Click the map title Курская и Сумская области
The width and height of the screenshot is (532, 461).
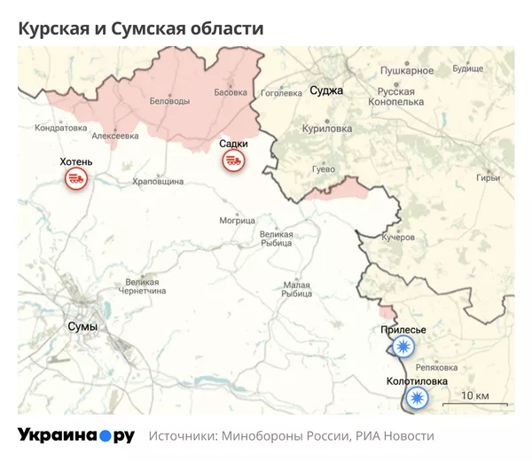point(141,28)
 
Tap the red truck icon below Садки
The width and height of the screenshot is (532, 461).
point(234,160)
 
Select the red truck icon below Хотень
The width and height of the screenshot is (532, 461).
point(76,179)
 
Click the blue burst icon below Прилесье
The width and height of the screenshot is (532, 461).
point(404,347)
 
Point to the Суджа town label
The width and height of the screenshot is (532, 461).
point(326,90)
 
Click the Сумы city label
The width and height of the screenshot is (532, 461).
point(82,327)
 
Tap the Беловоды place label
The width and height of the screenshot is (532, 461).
point(168,101)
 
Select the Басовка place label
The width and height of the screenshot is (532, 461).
point(231,91)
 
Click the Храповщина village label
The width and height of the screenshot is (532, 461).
point(158,181)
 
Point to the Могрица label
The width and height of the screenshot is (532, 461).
point(237,220)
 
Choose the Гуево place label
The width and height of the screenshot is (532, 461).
point(325,168)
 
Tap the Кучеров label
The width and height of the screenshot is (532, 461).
point(398,238)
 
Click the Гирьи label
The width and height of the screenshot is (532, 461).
point(489,177)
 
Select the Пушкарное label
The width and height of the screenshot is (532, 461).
point(407,70)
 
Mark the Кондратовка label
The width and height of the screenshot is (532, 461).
point(60,128)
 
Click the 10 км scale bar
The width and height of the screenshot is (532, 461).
point(474,400)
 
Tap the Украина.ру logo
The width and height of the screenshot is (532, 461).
point(76,435)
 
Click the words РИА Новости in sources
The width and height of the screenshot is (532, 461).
point(395,436)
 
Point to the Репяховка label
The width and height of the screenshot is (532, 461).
point(436,367)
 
